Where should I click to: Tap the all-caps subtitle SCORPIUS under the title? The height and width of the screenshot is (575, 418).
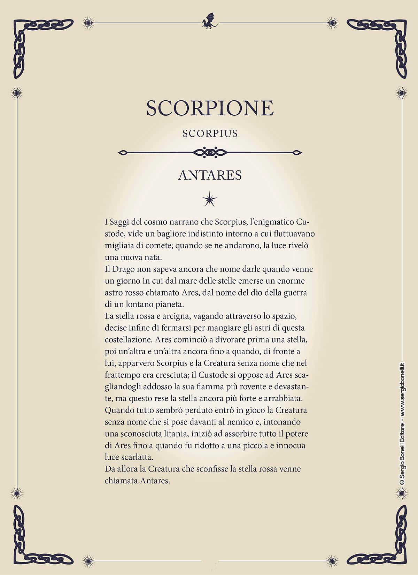click(210, 133)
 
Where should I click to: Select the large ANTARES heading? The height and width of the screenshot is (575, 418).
click(210, 175)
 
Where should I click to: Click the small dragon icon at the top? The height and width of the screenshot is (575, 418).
click(209, 22)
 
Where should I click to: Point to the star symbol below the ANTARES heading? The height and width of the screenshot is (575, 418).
click(210, 199)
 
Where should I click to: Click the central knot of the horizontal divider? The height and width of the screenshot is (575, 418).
click(210, 152)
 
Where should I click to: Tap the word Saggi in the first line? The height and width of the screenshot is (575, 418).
click(120, 222)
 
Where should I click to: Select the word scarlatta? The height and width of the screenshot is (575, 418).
click(139, 457)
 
